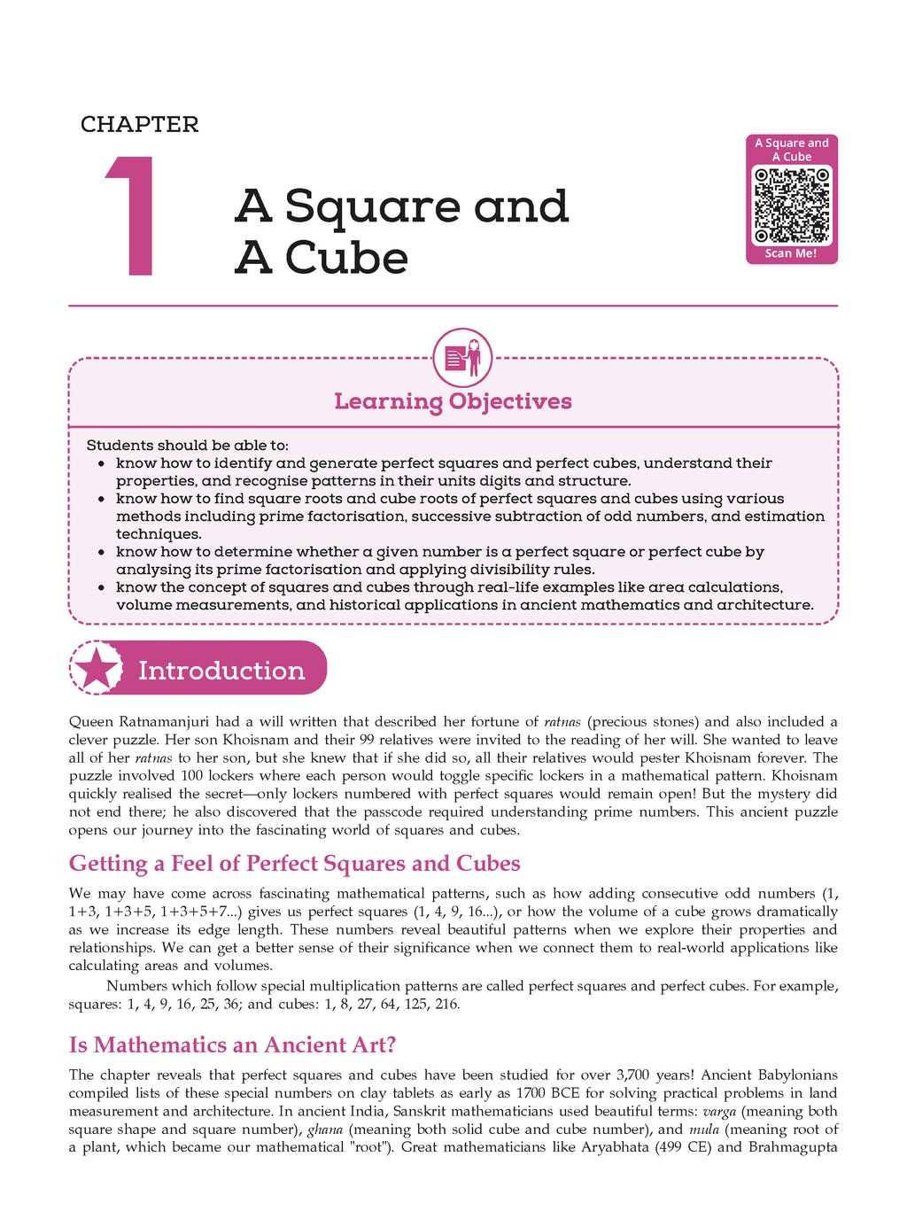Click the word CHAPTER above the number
pos(139,125)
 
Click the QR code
pos(792,206)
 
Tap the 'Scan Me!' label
pos(791,253)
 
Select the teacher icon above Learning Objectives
pos(461,359)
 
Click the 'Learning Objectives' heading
pos(453,401)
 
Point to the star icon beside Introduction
pos(97,669)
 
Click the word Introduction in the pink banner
pos(221,671)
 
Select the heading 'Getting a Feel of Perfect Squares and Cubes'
pos(294,864)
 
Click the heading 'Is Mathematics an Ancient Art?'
pos(232,1045)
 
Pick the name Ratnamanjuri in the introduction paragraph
pos(163,722)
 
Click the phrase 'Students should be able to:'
pos(187,446)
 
